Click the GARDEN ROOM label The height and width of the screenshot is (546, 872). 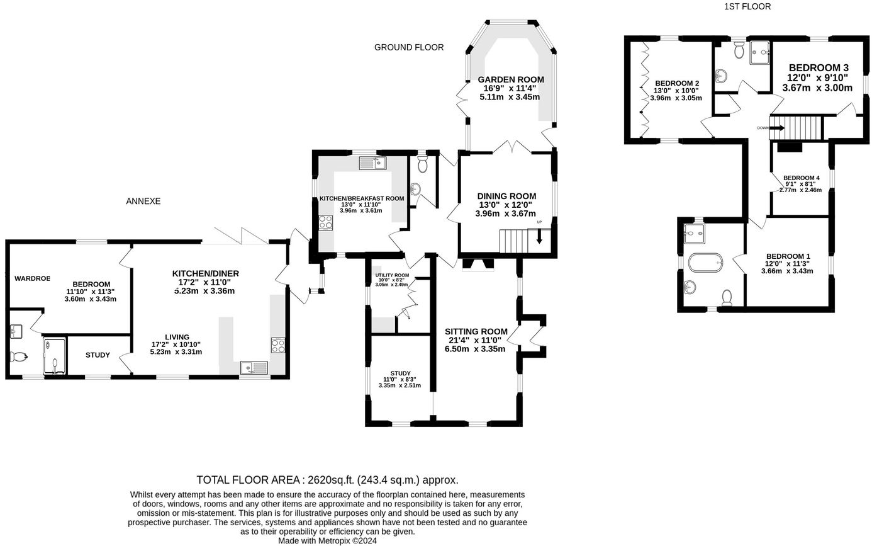pyautogui.click(x=511, y=79)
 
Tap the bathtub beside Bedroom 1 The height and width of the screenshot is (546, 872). pyautogui.click(x=705, y=263)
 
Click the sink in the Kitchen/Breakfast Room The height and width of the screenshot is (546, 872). pyautogui.click(x=372, y=163)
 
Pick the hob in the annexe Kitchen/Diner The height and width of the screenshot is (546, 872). pyautogui.click(x=278, y=345)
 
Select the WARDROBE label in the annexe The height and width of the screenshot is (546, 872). pyautogui.click(x=32, y=278)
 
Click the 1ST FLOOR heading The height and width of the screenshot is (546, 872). pyautogui.click(x=747, y=7)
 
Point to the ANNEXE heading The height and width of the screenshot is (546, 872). pyautogui.click(x=143, y=201)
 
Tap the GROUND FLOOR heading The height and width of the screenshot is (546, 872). pyautogui.click(x=409, y=47)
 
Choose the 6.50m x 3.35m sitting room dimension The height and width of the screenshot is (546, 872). pyautogui.click(x=475, y=349)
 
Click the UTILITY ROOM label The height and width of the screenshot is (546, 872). pyautogui.click(x=392, y=275)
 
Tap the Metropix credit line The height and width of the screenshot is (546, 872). pyautogui.click(x=327, y=541)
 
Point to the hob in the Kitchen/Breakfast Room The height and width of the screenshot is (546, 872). pyautogui.click(x=326, y=222)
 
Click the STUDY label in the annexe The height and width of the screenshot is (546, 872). pyautogui.click(x=98, y=355)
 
